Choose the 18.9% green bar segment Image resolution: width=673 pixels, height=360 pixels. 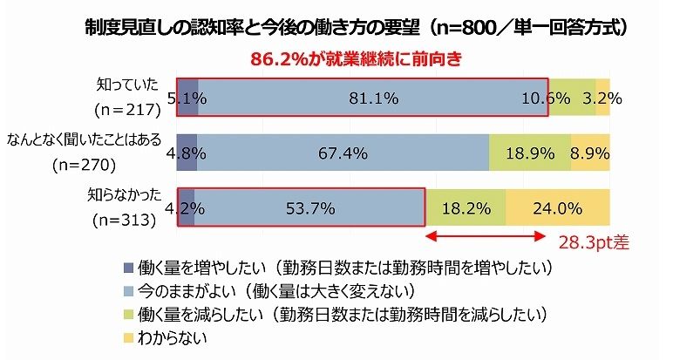(530, 153)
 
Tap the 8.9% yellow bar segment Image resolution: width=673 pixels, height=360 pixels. (590, 153)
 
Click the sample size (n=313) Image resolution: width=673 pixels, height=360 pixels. (123, 220)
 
